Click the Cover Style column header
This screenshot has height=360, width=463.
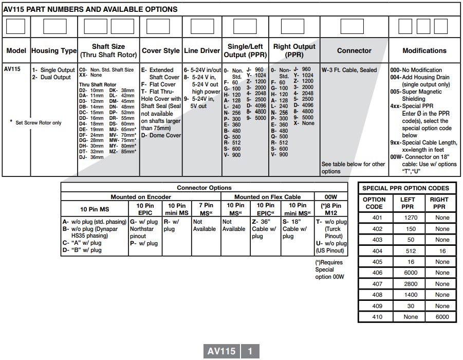(x=160, y=51)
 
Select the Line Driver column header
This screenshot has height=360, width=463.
(x=202, y=51)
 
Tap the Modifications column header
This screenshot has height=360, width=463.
(x=424, y=51)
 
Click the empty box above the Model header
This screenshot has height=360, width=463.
(x=15, y=26)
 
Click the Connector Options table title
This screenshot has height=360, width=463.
(x=204, y=188)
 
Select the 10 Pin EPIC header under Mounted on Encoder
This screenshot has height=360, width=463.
(x=145, y=209)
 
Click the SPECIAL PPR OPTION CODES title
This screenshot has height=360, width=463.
(x=405, y=188)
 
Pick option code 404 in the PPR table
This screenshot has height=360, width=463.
(x=377, y=251)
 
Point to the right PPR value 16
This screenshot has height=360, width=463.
(x=442, y=251)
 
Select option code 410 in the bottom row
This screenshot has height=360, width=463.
(x=377, y=317)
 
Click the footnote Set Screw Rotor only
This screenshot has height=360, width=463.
(x=38, y=123)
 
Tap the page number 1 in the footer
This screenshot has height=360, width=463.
(x=250, y=351)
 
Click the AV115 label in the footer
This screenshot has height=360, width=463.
(x=221, y=351)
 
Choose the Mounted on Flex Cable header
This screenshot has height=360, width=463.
(x=267, y=197)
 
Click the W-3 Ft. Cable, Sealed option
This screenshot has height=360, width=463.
(x=349, y=70)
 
